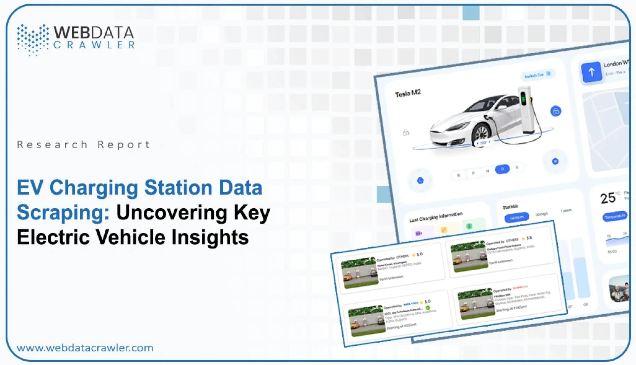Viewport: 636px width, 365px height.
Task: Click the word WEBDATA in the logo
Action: click(x=94, y=32)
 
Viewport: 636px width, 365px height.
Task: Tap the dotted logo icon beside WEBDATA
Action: click(x=33, y=39)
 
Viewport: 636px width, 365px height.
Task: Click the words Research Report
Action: click(x=83, y=145)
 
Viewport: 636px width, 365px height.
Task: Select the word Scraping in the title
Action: click(x=63, y=212)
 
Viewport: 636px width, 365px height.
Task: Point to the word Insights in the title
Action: click(x=210, y=237)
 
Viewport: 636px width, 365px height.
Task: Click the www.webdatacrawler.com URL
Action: click(x=85, y=348)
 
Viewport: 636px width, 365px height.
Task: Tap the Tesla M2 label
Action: click(x=408, y=93)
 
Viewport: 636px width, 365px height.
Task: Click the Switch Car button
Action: click(x=537, y=75)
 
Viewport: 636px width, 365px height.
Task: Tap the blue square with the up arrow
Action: click(x=592, y=72)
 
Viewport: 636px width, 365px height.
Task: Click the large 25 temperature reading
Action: click(x=608, y=198)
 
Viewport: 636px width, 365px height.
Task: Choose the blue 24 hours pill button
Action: click(x=516, y=217)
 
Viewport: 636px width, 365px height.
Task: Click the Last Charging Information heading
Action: click(x=436, y=217)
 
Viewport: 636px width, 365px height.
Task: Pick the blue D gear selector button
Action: click(x=502, y=169)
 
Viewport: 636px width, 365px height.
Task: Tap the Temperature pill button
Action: click(x=615, y=216)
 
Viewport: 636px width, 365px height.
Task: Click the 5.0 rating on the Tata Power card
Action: click(x=427, y=301)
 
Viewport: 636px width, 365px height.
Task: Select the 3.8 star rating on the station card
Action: click(x=529, y=238)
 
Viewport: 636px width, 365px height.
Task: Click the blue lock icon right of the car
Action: click(x=556, y=111)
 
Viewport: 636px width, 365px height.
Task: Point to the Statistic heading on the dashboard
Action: click(x=510, y=207)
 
